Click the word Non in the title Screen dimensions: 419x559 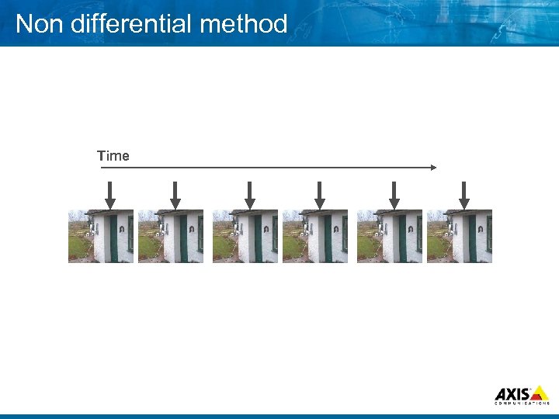pos(38,24)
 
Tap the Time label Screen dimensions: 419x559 pos(113,156)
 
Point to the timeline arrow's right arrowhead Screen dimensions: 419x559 pos(433,167)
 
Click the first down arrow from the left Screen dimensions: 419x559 pos(109,195)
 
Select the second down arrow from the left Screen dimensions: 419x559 pos(175,195)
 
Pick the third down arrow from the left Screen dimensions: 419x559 pos(249,195)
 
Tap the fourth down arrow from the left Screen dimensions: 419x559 pos(319,195)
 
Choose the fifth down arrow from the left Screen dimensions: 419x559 pos(394,195)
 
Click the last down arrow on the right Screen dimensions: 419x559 pos(464,195)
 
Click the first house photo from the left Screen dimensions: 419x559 pos(101,236)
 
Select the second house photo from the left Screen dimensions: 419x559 pos(171,236)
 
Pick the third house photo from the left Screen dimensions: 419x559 pos(245,236)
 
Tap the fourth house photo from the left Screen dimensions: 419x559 pos(315,236)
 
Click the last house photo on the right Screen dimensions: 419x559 pos(460,236)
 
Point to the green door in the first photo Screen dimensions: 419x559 pos(113,237)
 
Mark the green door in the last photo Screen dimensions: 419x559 pos(472,237)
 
